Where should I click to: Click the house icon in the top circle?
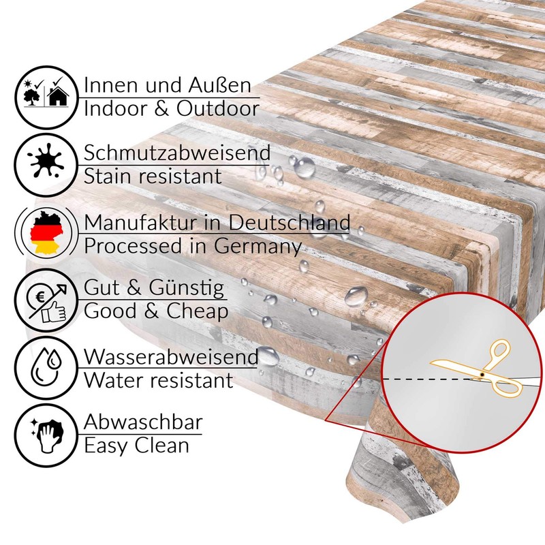point(58,95)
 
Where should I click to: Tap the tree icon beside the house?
point(32,97)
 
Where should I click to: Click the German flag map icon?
point(46,232)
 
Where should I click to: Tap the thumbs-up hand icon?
point(53,312)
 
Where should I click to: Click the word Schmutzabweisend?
point(177,152)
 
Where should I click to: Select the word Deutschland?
point(289,222)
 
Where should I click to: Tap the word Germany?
point(258,247)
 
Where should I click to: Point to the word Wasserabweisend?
point(172,356)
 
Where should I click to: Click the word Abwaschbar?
point(143,422)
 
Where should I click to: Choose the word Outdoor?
point(218,108)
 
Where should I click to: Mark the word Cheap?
point(197,311)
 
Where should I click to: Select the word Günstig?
point(187,288)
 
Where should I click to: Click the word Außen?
point(219,85)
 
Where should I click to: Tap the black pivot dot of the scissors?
point(482,374)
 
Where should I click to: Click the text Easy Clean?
point(137,446)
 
